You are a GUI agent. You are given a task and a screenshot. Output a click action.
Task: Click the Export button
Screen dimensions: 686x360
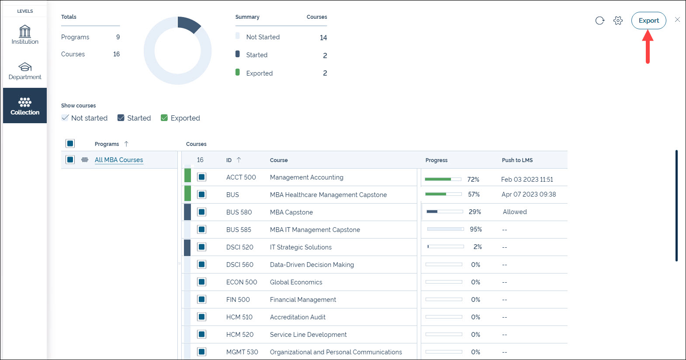point(648,21)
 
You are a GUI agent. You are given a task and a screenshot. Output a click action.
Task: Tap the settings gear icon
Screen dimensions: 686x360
point(618,21)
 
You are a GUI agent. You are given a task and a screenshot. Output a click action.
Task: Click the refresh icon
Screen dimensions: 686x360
point(599,21)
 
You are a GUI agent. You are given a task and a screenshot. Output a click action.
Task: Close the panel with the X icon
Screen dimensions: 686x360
point(677,20)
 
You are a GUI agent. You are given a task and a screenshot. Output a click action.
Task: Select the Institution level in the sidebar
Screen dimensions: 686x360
point(25,35)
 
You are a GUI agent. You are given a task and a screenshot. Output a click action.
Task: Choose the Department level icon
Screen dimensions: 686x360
point(25,71)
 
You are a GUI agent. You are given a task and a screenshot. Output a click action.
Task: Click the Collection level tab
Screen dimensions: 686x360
point(25,106)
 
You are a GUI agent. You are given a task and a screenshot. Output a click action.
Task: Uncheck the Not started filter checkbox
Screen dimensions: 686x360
point(65,118)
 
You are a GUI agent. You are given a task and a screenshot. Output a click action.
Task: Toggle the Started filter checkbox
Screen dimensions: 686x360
point(121,118)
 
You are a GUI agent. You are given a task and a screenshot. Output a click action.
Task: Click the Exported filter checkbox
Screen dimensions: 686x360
point(164,118)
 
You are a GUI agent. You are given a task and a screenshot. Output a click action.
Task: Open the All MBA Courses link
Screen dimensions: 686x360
point(119,160)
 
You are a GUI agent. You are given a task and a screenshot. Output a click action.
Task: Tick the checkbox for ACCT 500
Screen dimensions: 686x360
point(201,177)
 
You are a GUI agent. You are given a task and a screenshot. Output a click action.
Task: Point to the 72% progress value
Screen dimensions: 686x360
point(473,180)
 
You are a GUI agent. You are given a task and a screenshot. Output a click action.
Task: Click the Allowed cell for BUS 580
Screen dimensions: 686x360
point(515,212)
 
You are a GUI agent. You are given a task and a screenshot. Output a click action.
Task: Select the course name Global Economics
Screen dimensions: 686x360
point(296,282)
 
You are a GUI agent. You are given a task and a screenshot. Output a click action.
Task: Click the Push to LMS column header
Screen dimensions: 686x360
point(517,160)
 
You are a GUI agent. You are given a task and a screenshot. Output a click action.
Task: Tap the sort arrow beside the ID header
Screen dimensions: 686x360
point(239,160)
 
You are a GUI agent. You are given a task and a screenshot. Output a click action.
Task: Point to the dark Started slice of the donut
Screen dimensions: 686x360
point(188,24)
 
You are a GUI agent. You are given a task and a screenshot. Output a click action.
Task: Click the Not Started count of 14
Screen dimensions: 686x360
point(323,38)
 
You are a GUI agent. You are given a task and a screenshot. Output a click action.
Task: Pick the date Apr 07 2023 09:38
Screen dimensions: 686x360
point(529,194)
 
